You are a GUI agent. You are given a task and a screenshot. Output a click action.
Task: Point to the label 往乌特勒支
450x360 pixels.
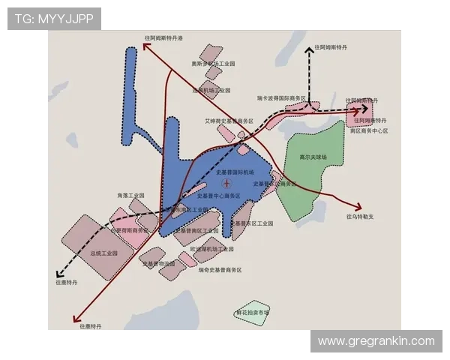(359, 217)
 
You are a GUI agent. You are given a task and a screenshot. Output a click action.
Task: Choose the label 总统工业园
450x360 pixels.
(104, 253)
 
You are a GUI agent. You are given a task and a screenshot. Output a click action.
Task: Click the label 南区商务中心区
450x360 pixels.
(368, 130)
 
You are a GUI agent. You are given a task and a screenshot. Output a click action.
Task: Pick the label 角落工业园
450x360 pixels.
(130, 196)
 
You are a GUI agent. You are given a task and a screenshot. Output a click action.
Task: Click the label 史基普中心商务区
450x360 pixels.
(219, 196)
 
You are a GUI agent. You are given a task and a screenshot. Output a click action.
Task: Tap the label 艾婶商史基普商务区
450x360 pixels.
(229, 120)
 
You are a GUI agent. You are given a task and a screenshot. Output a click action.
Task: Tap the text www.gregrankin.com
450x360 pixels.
(376, 341)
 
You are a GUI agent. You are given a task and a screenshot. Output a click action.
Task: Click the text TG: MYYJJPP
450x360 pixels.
(53, 18)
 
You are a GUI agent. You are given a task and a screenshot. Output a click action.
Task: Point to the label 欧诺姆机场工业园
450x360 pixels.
(212, 247)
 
